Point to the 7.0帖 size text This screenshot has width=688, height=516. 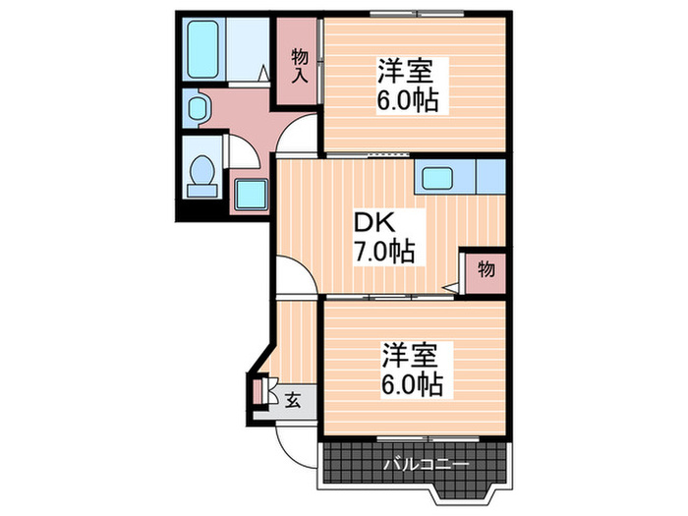click(384, 252)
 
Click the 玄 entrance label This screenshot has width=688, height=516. click(294, 400)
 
